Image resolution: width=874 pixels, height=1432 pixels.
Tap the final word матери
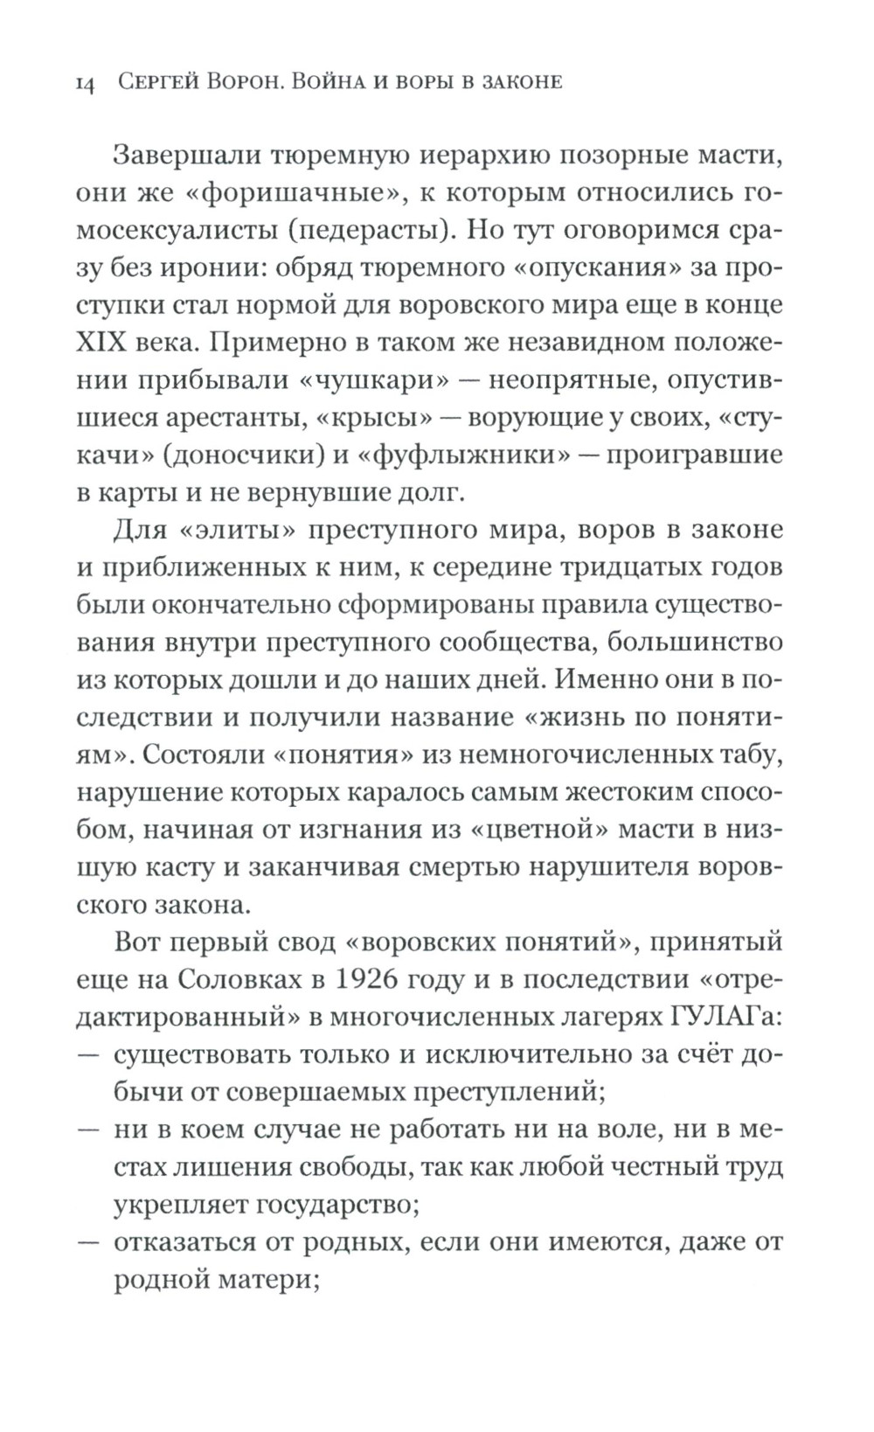[264, 1282]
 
